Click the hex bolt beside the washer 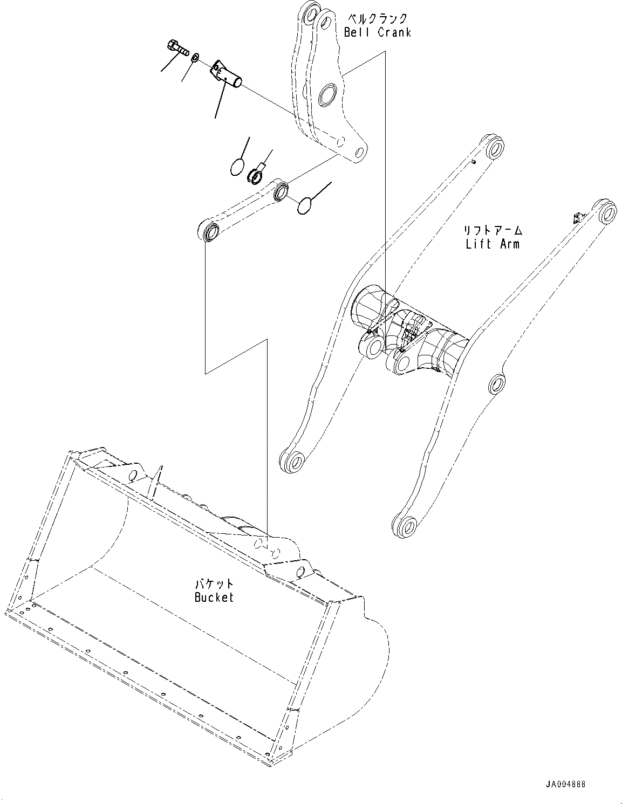tap(177, 47)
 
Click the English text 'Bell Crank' tap(378, 32)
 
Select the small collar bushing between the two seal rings tap(255, 175)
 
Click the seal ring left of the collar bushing tap(237, 167)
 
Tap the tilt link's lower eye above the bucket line tap(209, 232)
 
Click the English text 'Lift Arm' tap(493, 244)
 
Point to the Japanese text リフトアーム tap(493, 231)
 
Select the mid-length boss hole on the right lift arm tap(496, 384)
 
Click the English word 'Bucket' tap(214, 597)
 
